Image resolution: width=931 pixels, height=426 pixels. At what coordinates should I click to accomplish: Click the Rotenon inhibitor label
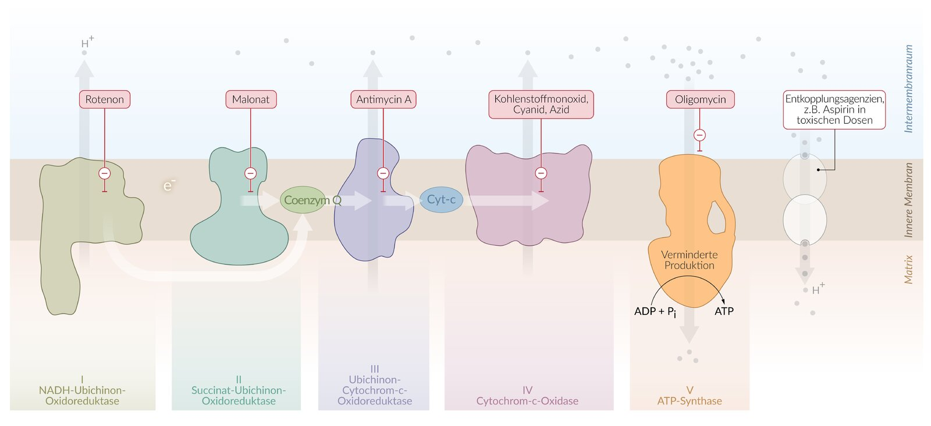tap(105, 99)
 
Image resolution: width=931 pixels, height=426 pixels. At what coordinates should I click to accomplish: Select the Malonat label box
tap(251, 99)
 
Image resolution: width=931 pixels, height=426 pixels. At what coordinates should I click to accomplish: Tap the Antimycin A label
tap(383, 99)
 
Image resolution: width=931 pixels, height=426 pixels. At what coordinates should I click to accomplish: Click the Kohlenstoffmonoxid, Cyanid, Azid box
tap(541, 104)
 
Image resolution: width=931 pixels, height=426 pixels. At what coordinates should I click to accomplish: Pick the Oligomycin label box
tap(700, 99)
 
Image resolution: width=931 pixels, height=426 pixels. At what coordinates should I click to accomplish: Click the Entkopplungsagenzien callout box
tap(834, 109)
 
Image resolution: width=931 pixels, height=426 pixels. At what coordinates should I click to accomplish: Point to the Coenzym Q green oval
tap(304, 200)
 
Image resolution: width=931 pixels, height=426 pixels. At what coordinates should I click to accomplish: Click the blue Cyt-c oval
tap(441, 199)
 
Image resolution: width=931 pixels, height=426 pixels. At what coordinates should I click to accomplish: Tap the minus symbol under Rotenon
tap(105, 173)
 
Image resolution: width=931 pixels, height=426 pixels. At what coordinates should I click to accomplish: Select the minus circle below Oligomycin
tap(699, 135)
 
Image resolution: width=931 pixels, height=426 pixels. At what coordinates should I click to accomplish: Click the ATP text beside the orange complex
tap(724, 312)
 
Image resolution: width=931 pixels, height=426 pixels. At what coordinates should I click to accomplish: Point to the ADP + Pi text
tap(655, 312)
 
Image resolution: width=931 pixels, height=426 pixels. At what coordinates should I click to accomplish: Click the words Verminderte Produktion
tap(690, 260)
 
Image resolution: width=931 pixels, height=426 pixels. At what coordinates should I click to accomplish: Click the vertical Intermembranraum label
tap(908, 88)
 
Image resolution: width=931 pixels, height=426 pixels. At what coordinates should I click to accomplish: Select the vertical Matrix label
tap(908, 269)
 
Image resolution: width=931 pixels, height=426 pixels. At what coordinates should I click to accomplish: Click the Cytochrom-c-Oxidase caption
tap(527, 401)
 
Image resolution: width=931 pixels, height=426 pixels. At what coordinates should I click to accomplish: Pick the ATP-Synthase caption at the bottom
tap(690, 401)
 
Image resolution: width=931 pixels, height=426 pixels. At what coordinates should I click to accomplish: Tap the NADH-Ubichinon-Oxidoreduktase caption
tap(82, 395)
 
